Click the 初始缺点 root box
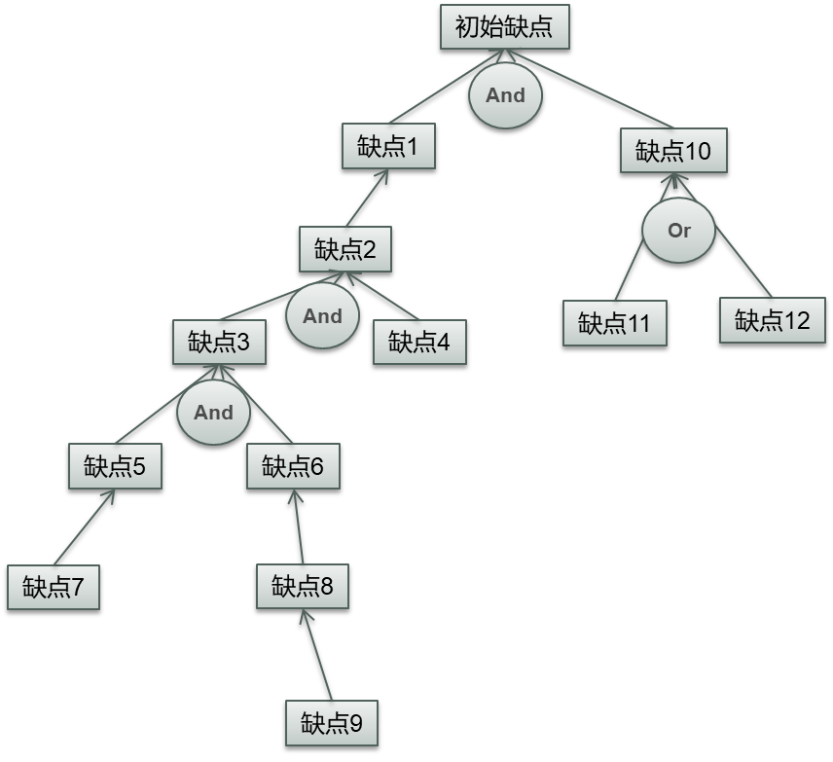(504, 26)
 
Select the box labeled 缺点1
(387, 147)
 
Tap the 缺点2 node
(344, 249)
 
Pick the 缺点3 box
(219, 343)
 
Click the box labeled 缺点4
(419, 342)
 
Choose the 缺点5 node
(115, 467)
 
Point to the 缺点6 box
(292, 467)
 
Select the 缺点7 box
(54, 587)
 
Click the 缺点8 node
(302, 586)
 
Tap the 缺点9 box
(331, 723)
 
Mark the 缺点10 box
(673, 151)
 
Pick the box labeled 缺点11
(614, 323)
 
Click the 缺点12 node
(772, 320)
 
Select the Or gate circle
(678, 231)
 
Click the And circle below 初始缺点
(505, 95)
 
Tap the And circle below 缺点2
(322, 316)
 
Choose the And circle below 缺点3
(213, 412)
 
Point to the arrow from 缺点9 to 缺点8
(317, 655)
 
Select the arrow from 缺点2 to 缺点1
(367, 199)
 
